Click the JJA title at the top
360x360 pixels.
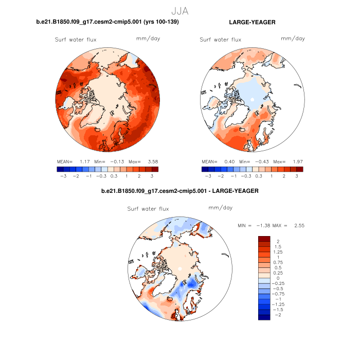point(180,10)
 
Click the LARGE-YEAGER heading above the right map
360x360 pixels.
point(252,23)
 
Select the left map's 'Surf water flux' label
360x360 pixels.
point(76,39)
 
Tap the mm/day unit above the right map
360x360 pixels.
point(293,39)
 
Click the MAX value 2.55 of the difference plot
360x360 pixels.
point(299,225)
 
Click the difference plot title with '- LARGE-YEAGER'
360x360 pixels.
point(180,191)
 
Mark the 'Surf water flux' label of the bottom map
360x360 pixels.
point(148,208)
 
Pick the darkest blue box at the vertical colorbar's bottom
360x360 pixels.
point(264,317)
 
